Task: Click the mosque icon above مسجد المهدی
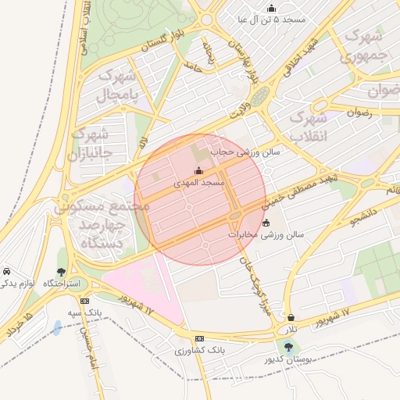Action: [x=198, y=171]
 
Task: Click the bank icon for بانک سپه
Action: [x=84, y=301]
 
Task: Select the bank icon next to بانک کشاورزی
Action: [x=200, y=338]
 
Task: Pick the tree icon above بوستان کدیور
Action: [x=289, y=347]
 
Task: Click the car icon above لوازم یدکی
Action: [x=6, y=271]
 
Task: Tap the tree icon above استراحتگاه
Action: [x=62, y=271]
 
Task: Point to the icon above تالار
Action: [x=291, y=318]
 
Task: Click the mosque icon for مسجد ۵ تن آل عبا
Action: [x=271, y=8]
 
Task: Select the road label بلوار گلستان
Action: [x=165, y=42]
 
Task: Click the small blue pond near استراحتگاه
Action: [x=57, y=327]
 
